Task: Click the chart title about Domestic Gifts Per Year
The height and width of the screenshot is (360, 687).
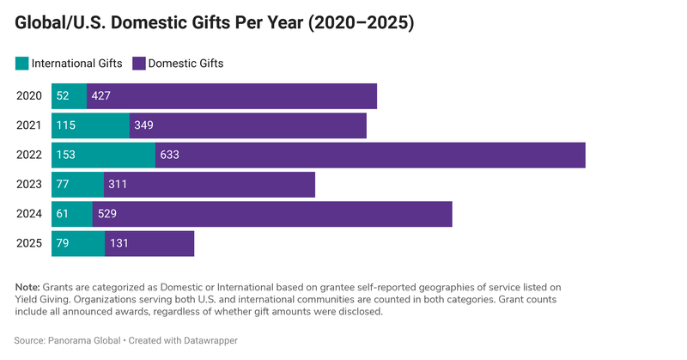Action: (215, 24)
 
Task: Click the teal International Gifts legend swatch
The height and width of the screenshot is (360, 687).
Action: (21, 63)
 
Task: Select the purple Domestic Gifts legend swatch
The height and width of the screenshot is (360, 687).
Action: (138, 63)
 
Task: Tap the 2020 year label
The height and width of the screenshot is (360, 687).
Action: (29, 96)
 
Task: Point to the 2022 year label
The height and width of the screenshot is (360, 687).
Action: (29, 156)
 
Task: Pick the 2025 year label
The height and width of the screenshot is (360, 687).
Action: (29, 244)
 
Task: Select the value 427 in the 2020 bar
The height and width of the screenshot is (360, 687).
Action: (101, 96)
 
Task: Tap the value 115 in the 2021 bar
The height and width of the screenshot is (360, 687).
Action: (66, 126)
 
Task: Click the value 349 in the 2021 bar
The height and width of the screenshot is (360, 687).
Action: (144, 126)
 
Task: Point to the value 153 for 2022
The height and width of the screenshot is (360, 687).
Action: (66, 156)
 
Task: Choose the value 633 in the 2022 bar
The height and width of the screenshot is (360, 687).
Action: (170, 156)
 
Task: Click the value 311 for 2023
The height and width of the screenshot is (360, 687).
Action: (118, 185)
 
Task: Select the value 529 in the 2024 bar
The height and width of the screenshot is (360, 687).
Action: (107, 215)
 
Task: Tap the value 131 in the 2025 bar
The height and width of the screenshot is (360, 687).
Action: (119, 244)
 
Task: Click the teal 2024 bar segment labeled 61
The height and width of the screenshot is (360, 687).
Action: (72, 215)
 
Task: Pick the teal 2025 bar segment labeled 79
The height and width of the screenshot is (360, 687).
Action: (78, 244)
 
